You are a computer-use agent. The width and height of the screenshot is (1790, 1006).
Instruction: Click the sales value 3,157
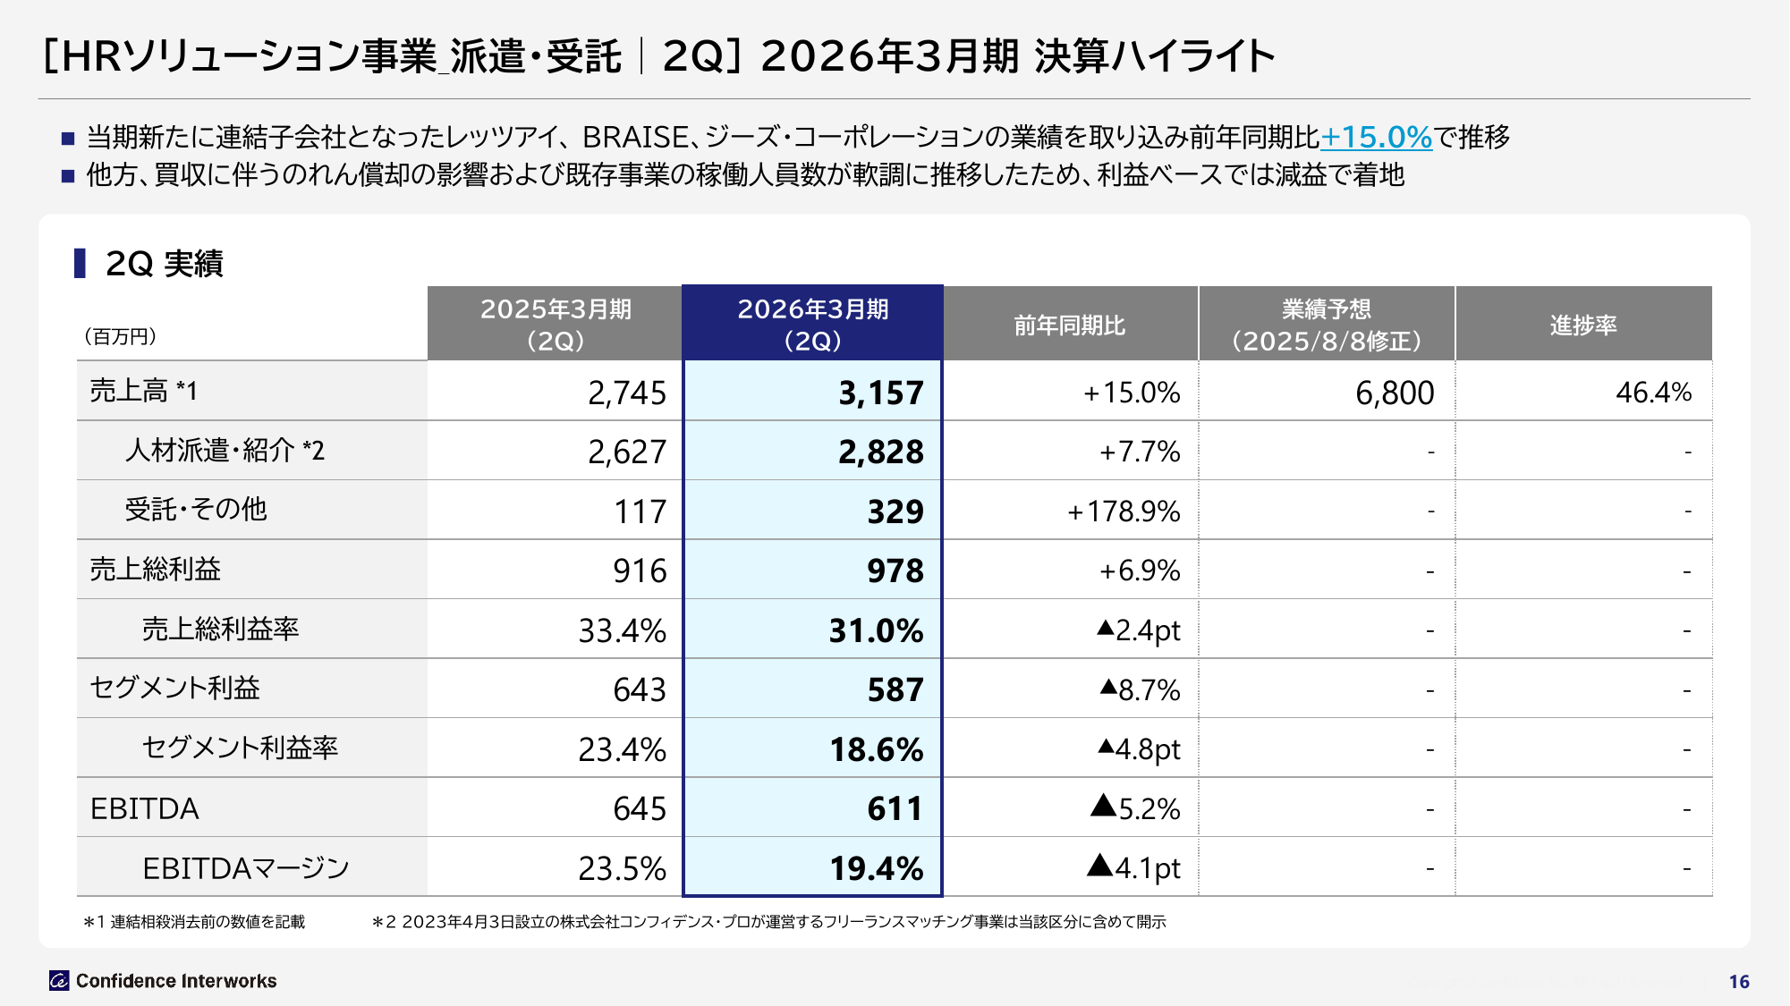click(880, 393)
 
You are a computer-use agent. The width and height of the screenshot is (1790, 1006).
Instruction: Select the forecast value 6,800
click(1395, 393)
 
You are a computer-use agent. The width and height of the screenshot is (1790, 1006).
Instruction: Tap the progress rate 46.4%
click(1653, 393)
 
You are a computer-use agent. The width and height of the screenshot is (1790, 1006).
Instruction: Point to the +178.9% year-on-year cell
click(1124, 511)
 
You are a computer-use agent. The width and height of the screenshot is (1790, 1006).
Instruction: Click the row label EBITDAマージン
click(246, 868)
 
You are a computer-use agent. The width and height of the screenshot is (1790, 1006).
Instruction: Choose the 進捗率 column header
click(1583, 325)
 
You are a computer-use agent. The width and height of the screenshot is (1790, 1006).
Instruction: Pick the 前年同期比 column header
click(1070, 325)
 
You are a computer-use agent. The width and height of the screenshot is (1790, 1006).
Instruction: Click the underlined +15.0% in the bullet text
click(1377, 137)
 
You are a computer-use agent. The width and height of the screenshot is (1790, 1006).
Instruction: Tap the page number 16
click(1738, 982)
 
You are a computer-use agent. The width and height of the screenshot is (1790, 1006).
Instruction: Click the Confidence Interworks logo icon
click(59, 981)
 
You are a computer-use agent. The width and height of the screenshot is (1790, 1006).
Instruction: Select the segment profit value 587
click(895, 690)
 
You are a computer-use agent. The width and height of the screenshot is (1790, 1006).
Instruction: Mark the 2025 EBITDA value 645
click(640, 809)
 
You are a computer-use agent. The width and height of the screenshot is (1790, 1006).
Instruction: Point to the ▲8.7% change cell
click(1141, 690)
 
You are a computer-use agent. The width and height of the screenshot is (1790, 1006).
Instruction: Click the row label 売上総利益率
click(220, 630)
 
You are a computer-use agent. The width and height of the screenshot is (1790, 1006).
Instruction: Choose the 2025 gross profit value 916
click(640, 571)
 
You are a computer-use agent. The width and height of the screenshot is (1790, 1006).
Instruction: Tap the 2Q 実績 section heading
click(164, 264)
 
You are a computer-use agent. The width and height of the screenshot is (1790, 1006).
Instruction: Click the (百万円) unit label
click(120, 336)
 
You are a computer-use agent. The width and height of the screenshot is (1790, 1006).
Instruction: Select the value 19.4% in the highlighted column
click(876, 868)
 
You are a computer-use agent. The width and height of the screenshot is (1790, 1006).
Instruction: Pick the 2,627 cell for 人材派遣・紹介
click(626, 452)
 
